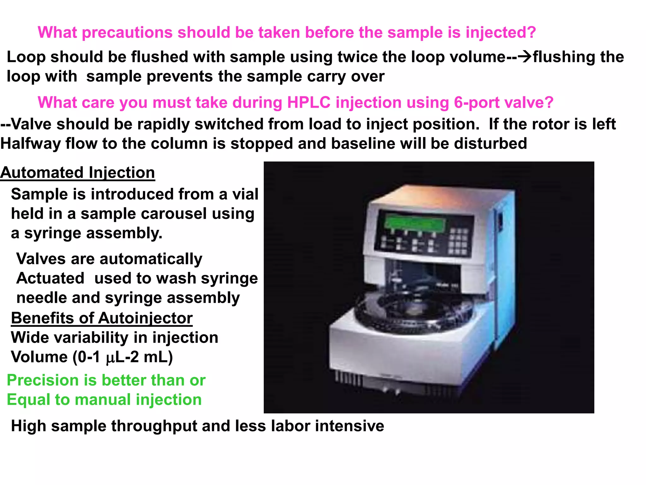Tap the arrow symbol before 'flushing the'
pyautogui.click(x=525, y=57)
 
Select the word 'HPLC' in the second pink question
pyautogui.click(x=308, y=103)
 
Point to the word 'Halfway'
pyautogui.click(x=31, y=144)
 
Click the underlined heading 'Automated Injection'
pyautogui.click(x=78, y=173)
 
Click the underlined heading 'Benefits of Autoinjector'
pyautogui.click(x=102, y=318)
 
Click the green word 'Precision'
pyautogui.click(x=42, y=380)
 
